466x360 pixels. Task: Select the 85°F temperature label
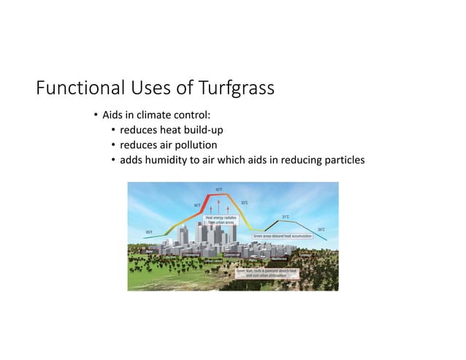click(x=150, y=232)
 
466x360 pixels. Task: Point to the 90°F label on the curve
click(x=197, y=205)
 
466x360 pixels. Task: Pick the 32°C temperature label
click(x=244, y=202)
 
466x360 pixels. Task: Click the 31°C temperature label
click(x=286, y=217)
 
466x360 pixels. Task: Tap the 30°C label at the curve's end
click(x=321, y=229)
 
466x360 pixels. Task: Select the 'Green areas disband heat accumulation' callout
click(x=283, y=237)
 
